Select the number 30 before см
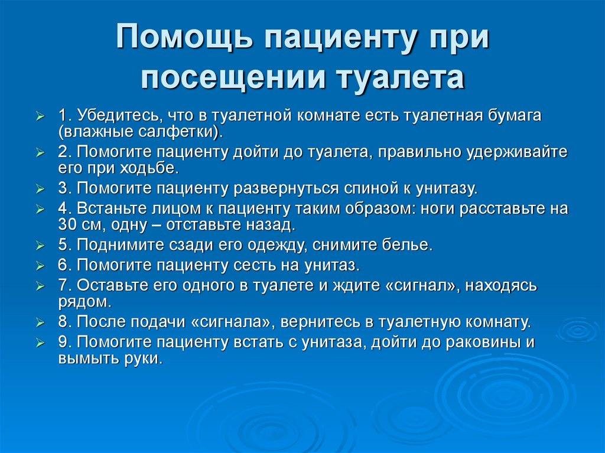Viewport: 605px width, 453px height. (67, 226)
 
